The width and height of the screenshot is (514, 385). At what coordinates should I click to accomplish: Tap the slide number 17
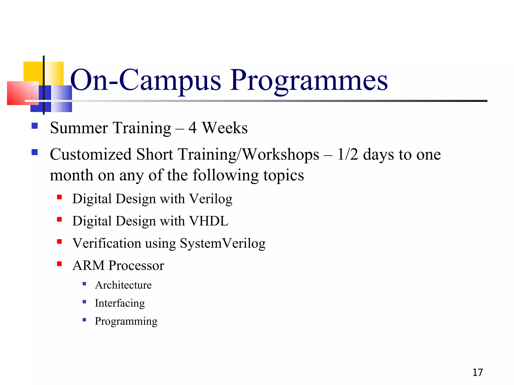[478, 372]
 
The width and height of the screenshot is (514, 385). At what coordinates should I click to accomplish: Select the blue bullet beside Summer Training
[35, 126]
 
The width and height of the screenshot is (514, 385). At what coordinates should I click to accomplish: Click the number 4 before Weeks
[192, 128]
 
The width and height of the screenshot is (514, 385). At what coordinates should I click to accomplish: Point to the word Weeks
[225, 128]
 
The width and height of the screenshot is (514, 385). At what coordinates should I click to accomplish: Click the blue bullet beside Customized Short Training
[35, 152]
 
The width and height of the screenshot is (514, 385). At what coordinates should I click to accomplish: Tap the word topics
[284, 175]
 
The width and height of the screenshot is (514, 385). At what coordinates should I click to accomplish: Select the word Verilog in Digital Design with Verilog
[210, 199]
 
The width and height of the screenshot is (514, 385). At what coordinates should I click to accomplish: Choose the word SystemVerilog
[222, 243]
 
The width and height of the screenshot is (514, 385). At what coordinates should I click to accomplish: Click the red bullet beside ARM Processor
[59, 264]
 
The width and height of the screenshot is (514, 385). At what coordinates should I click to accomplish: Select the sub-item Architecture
[123, 285]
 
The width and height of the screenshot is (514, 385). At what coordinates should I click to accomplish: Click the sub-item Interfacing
[120, 303]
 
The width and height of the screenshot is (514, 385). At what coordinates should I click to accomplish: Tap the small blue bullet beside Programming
[84, 320]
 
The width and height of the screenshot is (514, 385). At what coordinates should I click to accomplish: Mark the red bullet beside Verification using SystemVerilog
[59, 242]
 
